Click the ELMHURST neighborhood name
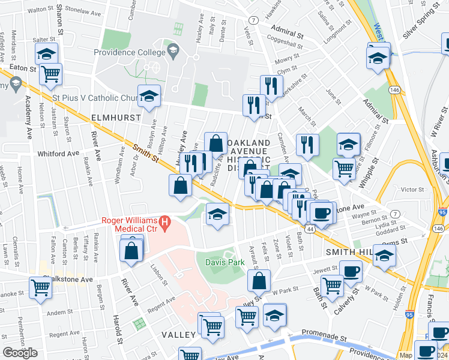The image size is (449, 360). [x=116, y=118]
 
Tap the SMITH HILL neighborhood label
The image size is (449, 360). [x=349, y=252]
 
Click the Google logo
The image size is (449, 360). [x=20, y=352]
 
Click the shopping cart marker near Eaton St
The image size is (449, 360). [x=51, y=74]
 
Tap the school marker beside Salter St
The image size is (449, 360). [x=46, y=53]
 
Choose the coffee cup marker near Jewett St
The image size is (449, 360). [x=351, y=271]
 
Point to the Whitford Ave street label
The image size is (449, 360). [x=58, y=154]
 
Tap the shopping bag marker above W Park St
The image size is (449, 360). [x=259, y=280]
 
